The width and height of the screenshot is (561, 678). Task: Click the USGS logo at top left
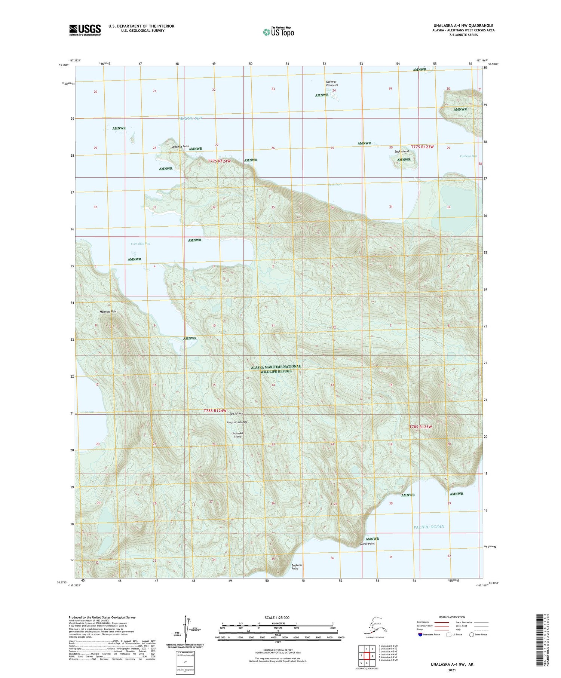point(85,30)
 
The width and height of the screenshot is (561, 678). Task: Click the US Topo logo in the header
point(279,32)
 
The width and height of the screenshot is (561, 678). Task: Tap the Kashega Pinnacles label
point(332,83)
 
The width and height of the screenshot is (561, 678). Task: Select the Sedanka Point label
point(180,147)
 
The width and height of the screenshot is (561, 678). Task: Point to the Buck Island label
point(402,151)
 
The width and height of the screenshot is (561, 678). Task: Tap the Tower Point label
point(367,544)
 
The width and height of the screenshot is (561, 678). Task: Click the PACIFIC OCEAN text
point(429,527)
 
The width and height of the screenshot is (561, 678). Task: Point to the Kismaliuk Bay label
point(140,244)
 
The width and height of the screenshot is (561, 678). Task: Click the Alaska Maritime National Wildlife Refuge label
point(276,369)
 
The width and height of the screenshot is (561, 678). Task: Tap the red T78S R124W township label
point(215,411)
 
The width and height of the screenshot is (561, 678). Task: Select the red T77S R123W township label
point(422,147)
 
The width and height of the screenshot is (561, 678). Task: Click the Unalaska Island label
point(237,435)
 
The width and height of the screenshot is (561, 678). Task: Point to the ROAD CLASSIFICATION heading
point(452,617)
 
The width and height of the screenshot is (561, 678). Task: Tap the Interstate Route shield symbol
point(421,634)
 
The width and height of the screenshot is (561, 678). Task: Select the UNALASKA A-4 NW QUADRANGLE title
point(462,25)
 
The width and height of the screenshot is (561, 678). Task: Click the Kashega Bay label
point(468,156)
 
